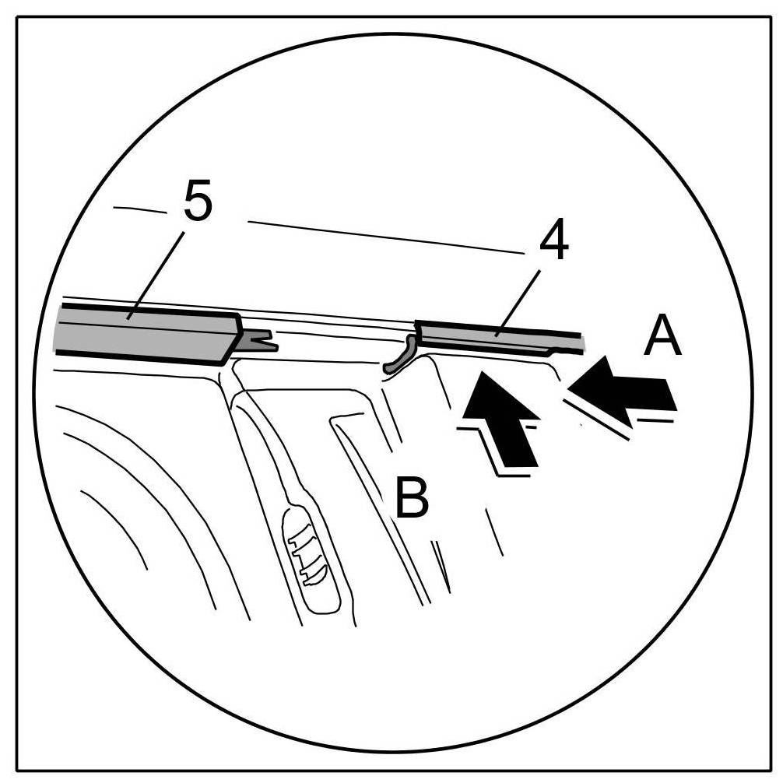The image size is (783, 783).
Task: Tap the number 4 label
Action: (x=553, y=243)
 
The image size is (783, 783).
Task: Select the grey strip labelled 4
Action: (x=498, y=335)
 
